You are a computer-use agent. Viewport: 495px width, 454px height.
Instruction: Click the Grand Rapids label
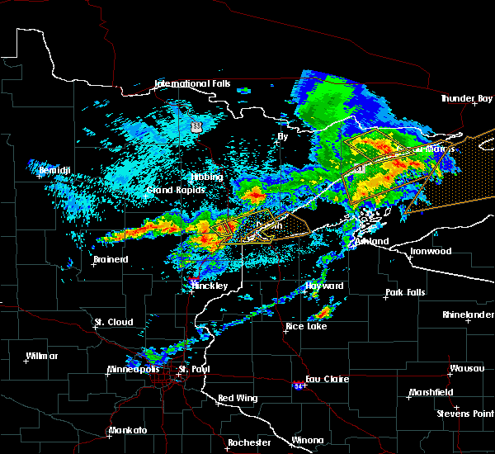pyautogui.click(x=170, y=190)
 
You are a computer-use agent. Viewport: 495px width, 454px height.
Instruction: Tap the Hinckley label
pyautogui.click(x=210, y=286)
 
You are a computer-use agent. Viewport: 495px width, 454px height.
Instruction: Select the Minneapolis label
pyautogui.click(x=133, y=369)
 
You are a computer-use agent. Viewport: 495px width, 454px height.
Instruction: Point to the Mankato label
pyautogui.click(x=126, y=431)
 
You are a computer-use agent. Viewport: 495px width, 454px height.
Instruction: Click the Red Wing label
pyautogui.click(x=238, y=399)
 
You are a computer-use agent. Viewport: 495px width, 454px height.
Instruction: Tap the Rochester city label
pyautogui.click(x=249, y=442)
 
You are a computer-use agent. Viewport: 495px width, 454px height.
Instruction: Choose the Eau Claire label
pyautogui.click(x=328, y=380)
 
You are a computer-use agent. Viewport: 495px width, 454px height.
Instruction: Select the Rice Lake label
pyautogui.click(x=306, y=326)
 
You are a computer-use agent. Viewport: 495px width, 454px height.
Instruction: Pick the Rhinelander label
pyautogui.click(x=466, y=314)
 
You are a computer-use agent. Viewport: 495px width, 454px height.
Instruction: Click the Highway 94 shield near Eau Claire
pyautogui.click(x=298, y=385)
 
